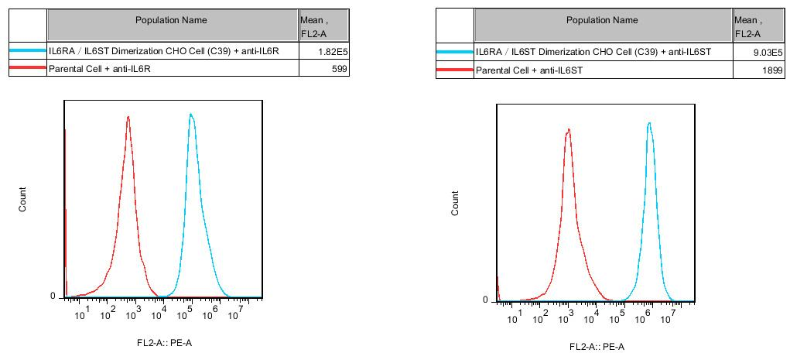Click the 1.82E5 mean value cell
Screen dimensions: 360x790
[333, 51]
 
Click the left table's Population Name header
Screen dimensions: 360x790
[171, 20]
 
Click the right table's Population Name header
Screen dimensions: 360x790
[602, 20]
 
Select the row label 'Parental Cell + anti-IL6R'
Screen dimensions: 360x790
[99, 69]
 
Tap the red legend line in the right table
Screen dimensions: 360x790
[454, 70]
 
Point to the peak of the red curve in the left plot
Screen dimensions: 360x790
[128, 118]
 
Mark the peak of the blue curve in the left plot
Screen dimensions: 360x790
[190, 115]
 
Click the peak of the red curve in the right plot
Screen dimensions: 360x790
[568, 130]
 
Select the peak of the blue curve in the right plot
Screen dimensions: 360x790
[649, 123]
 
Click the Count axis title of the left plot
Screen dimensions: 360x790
[23, 199]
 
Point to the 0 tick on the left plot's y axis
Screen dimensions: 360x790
[53, 297]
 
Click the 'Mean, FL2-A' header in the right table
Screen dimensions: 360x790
[747, 26]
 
